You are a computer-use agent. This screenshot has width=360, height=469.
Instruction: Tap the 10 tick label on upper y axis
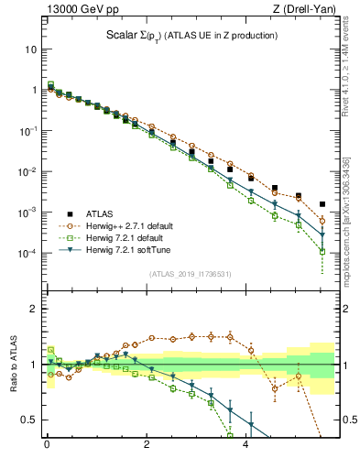tap(30, 49)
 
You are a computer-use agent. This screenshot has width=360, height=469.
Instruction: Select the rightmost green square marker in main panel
tap(322, 251)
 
